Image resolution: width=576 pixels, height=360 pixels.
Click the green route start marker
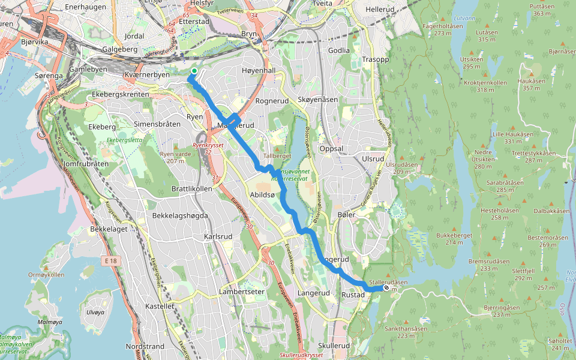(194, 72)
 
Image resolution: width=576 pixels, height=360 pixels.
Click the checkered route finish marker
(386, 288)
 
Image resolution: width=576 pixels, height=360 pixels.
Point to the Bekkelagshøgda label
(180, 215)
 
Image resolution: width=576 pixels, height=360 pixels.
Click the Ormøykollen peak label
(46, 275)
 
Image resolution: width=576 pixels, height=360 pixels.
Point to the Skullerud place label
(334, 346)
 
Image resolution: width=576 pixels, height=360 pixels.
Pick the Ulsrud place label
(373, 158)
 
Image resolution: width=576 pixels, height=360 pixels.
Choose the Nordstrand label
(145, 346)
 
